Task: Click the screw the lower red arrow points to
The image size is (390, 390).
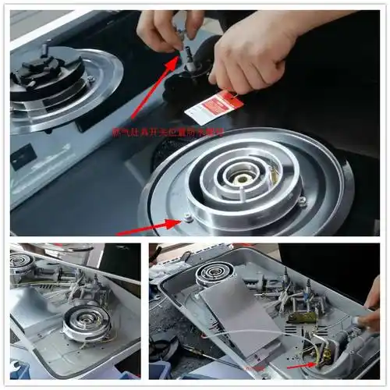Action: pyautogui.click(x=188, y=218)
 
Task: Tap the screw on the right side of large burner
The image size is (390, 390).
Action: pyautogui.click(x=302, y=201)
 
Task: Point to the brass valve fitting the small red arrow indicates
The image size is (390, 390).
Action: pyautogui.click(x=320, y=355)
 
